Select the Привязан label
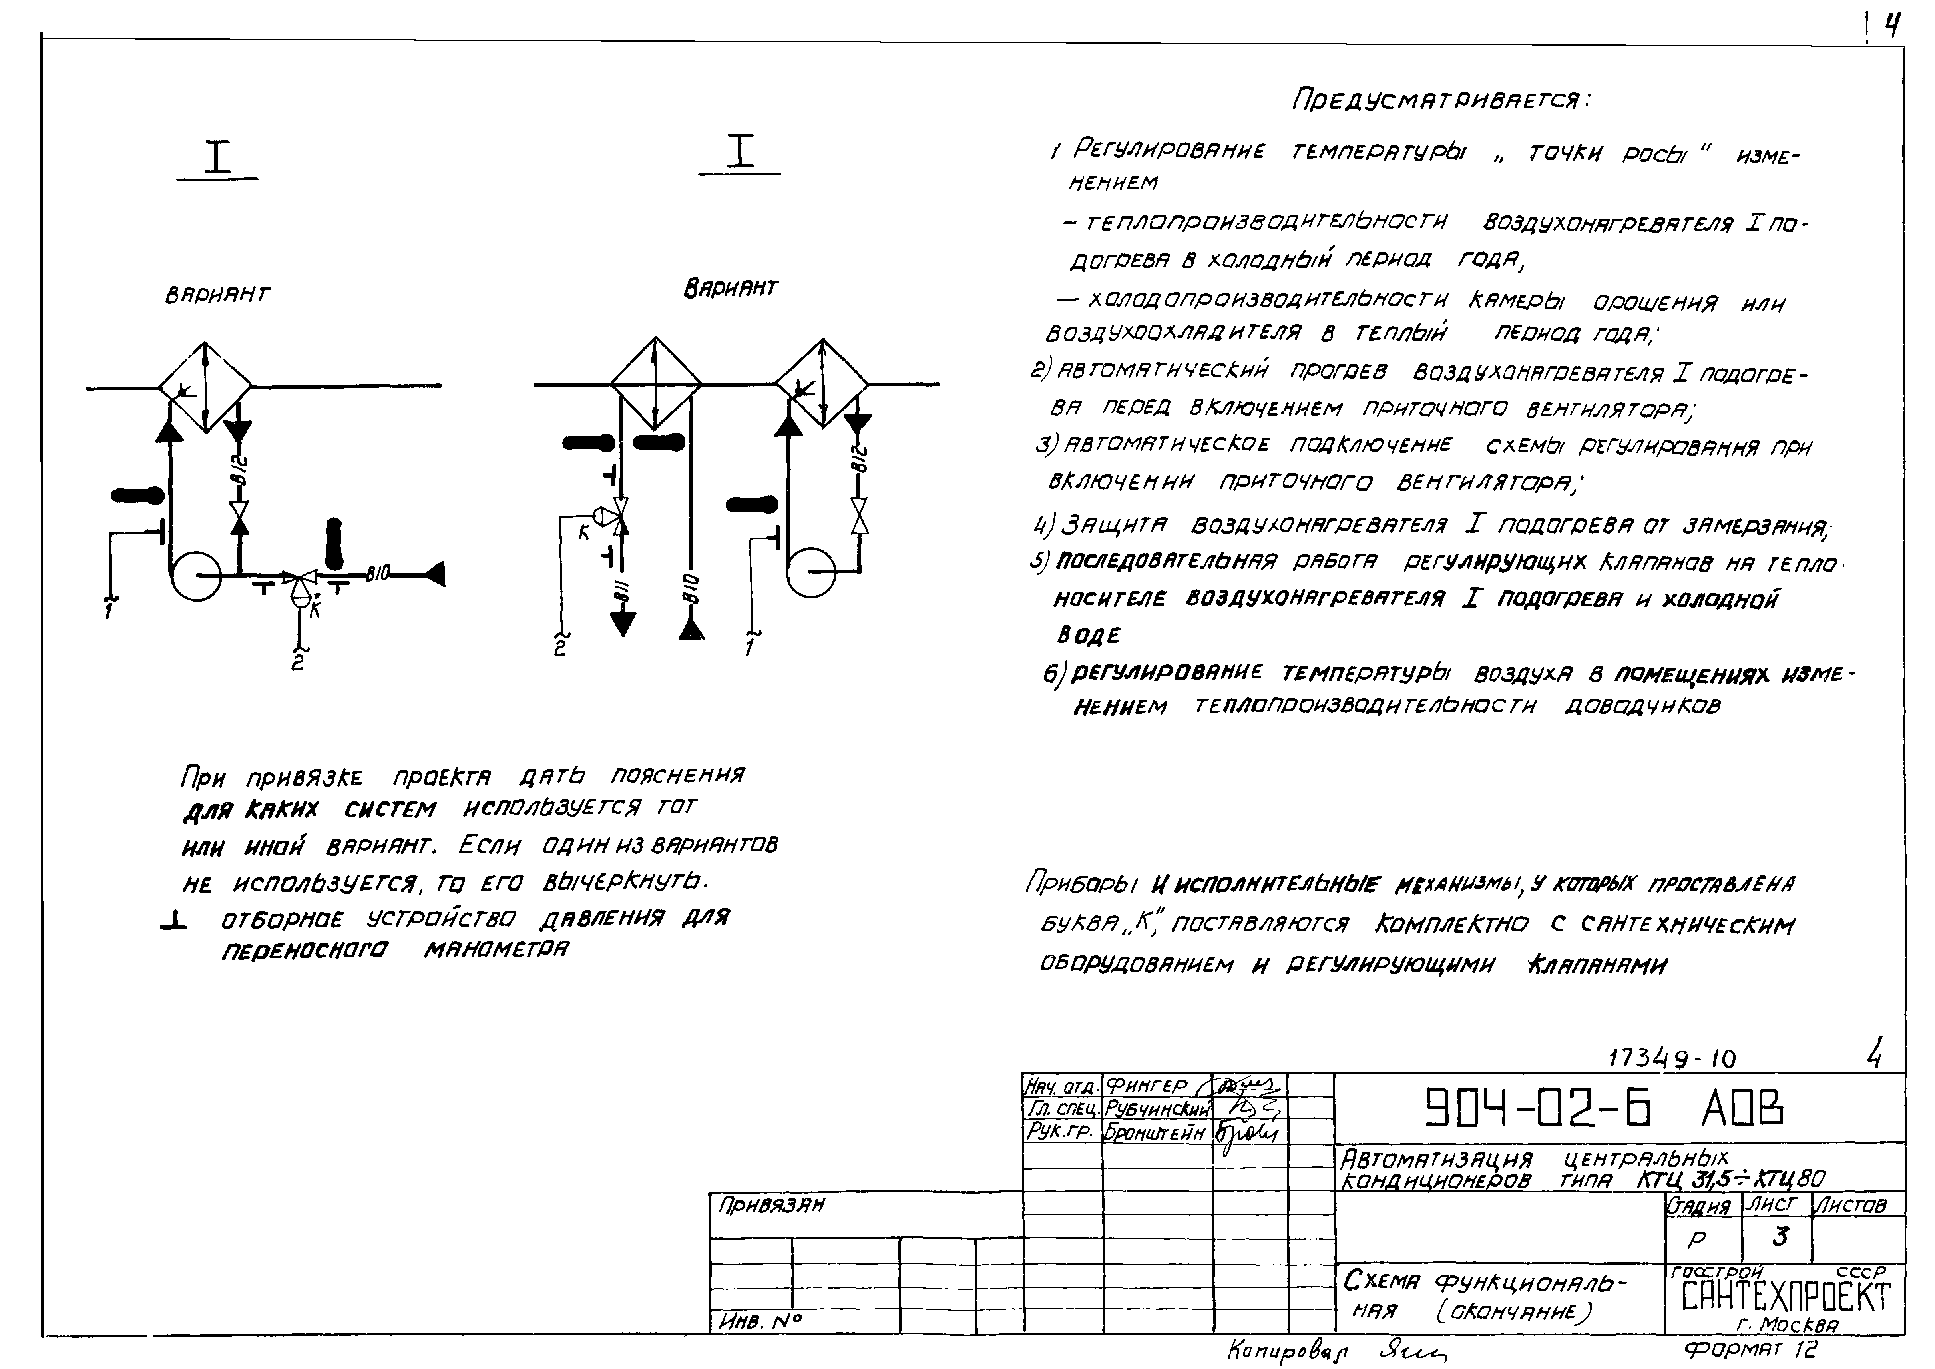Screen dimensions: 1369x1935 coord(771,1206)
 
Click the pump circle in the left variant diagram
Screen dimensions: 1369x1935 coord(196,576)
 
